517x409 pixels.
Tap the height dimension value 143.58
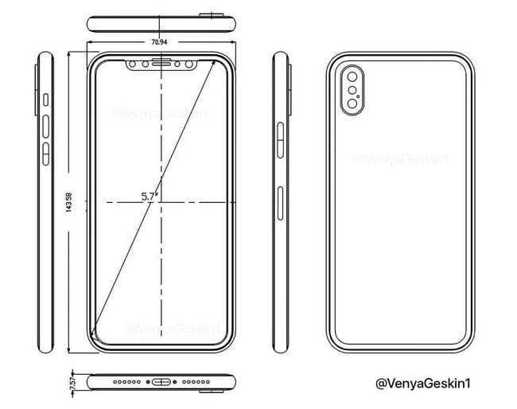tap(70, 203)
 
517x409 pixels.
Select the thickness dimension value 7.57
tap(73, 380)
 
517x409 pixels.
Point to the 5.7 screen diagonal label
tap(148, 196)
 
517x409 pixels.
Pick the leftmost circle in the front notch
tap(132, 63)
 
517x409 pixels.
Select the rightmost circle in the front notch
tap(192, 63)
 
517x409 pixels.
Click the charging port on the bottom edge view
tap(161, 381)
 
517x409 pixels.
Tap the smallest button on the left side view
tap(46, 100)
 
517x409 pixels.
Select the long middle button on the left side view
tap(46, 125)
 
